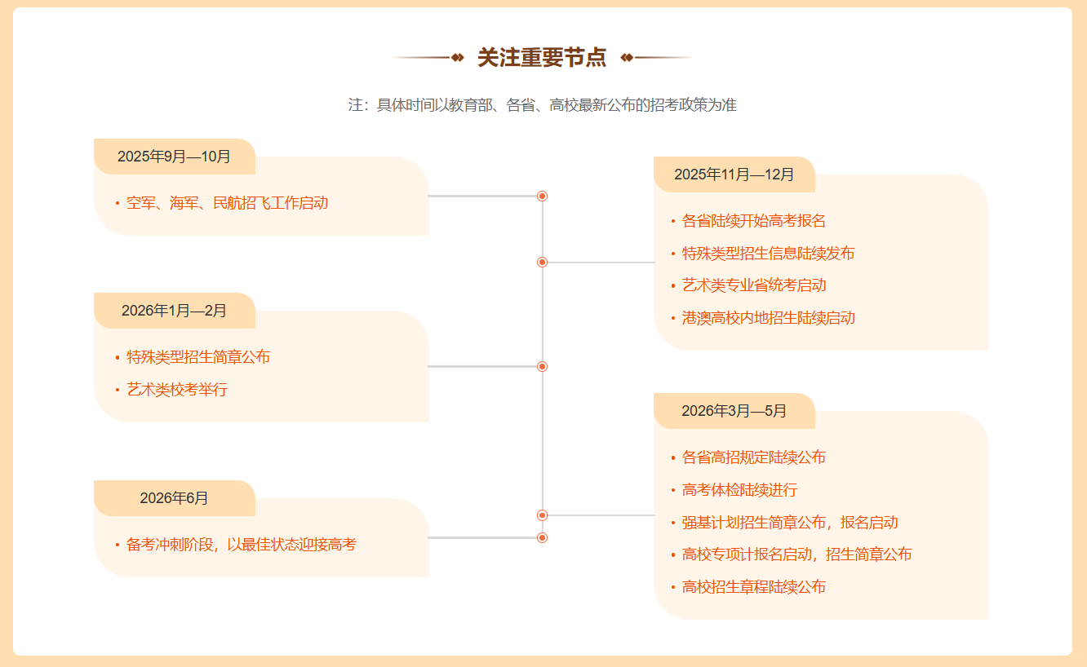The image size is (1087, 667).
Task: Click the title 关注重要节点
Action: pos(542,58)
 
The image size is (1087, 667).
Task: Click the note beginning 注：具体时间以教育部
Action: pos(542,105)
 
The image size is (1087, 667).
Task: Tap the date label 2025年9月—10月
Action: pos(174,157)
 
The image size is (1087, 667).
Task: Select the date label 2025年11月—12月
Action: pos(734,174)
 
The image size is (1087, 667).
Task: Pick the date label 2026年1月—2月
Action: pos(174,311)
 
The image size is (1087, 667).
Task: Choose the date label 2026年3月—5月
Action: pos(734,411)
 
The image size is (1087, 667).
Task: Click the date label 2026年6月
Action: pos(174,498)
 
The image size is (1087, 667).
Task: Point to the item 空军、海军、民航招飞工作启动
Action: pos(227,203)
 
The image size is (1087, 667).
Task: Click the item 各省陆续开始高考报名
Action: pos(753,221)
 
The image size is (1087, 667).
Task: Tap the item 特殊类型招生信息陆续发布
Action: pos(768,254)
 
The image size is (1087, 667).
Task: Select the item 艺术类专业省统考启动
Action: pos(753,285)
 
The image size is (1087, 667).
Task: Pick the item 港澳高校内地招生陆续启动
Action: pos(768,318)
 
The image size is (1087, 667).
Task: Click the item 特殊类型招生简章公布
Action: pos(198,357)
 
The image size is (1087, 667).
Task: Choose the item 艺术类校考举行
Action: pos(177,390)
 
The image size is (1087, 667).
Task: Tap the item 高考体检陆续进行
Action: pos(739,490)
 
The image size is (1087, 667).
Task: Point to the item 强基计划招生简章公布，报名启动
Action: pos(789,523)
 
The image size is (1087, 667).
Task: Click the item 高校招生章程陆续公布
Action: pos(753,587)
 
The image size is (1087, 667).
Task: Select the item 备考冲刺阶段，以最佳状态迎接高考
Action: pos(242,545)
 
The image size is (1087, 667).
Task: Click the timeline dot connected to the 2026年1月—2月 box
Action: pos(542,367)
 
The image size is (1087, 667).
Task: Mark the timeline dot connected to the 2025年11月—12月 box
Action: pos(542,263)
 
